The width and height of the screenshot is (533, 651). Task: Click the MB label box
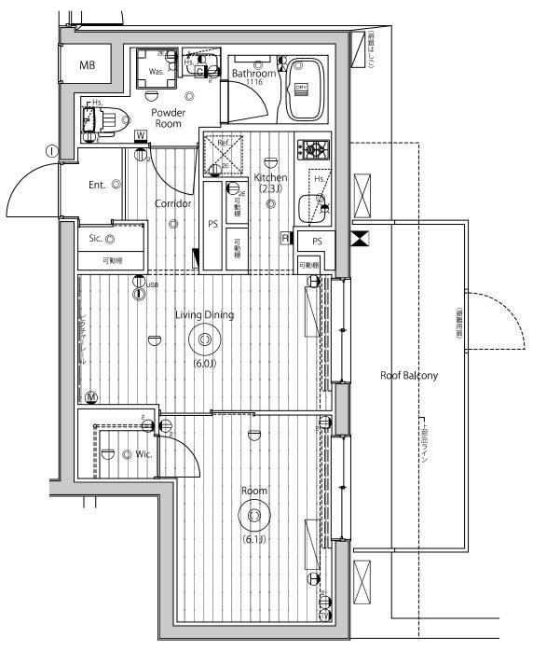(87, 65)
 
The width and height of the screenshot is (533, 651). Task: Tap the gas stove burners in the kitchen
(311, 149)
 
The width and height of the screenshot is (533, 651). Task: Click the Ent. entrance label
(98, 185)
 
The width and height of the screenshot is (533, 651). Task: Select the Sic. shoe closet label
(96, 238)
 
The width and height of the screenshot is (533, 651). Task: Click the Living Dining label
(204, 315)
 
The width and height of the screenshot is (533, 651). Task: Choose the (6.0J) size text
(204, 363)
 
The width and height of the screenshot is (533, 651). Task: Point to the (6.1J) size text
(253, 539)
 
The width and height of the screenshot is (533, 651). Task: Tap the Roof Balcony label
(409, 375)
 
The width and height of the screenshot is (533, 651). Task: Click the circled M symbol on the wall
(90, 396)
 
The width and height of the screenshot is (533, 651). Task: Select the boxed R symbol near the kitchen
(285, 239)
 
